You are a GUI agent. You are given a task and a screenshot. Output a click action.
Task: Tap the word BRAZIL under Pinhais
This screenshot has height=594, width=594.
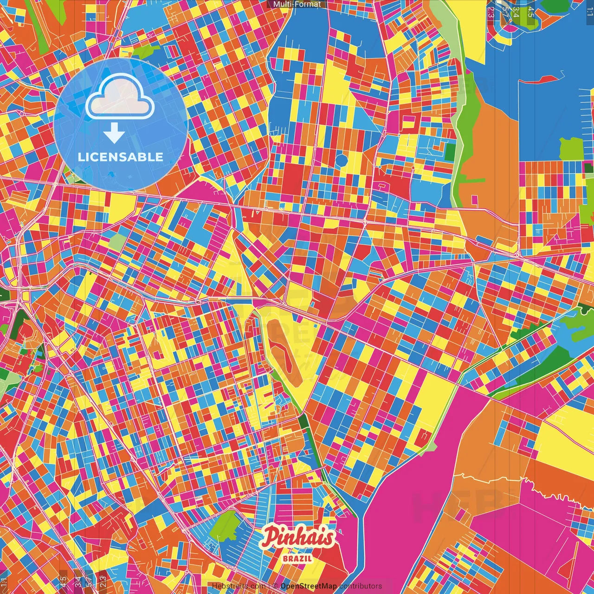coord(297,558)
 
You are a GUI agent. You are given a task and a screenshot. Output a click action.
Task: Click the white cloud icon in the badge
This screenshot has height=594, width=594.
coord(120,99)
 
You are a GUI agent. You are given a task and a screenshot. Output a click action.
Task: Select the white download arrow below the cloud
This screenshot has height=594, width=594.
coord(114,134)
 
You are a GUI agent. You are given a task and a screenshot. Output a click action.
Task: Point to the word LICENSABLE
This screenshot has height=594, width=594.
coord(121,157)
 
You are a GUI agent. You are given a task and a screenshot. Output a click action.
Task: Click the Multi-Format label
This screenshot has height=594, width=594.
coord(297,4)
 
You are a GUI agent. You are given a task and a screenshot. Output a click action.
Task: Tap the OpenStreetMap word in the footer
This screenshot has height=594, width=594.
coord(308,586)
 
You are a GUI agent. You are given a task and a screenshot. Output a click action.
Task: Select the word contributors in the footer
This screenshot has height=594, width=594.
coord(361,586)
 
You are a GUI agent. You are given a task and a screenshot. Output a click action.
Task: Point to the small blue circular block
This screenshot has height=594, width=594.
coord(342,161)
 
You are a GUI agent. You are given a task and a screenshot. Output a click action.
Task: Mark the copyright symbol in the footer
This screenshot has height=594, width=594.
coord(275,586)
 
